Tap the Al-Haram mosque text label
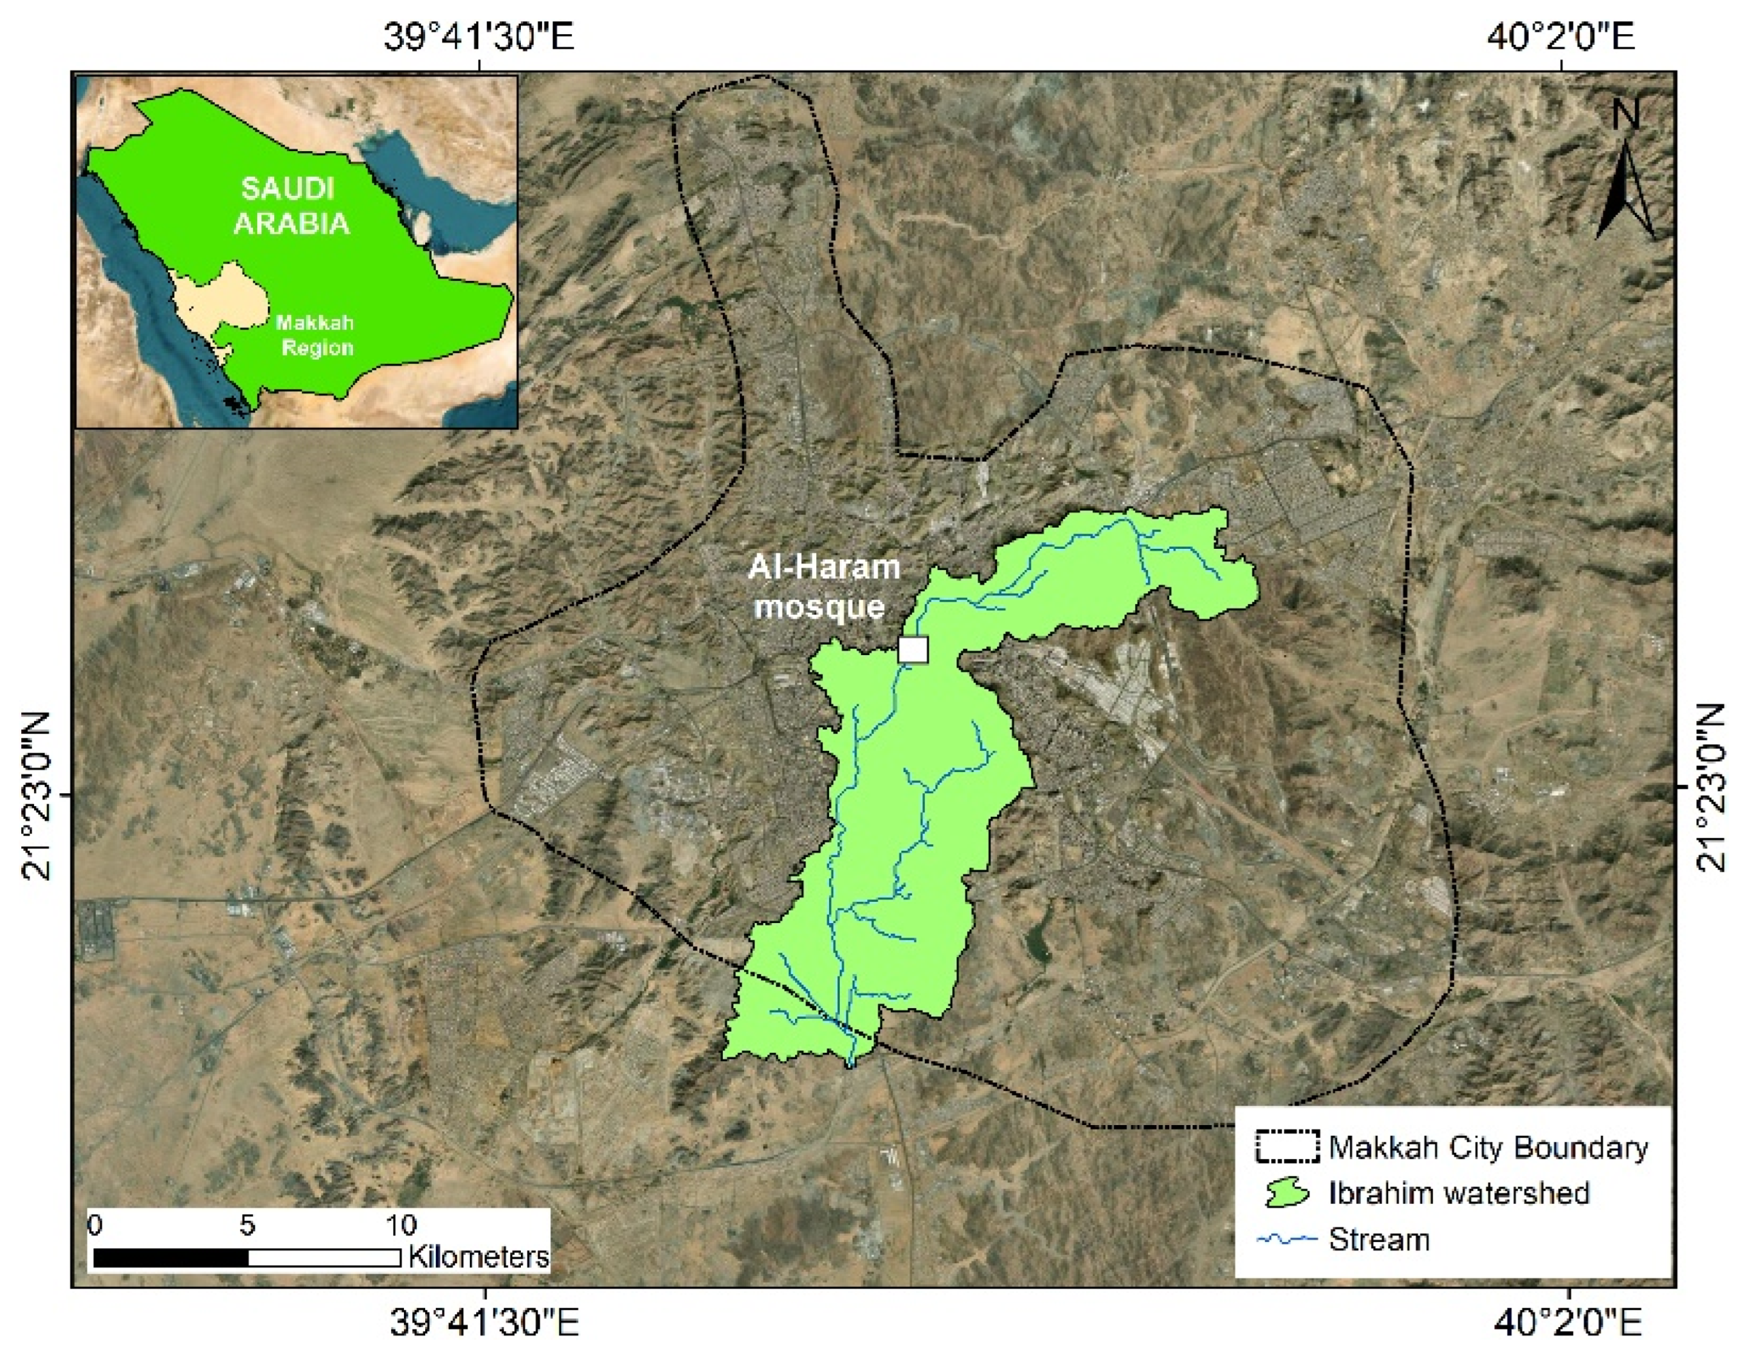coord(824,587)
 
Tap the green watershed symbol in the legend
coord(1287,1193)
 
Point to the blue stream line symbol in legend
coord(1287,1239)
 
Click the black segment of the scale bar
coord(172,1258)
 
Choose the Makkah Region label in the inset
coord(315,336)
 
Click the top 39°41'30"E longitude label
coord(479,37)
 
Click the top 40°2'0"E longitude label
coord(1561,37)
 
